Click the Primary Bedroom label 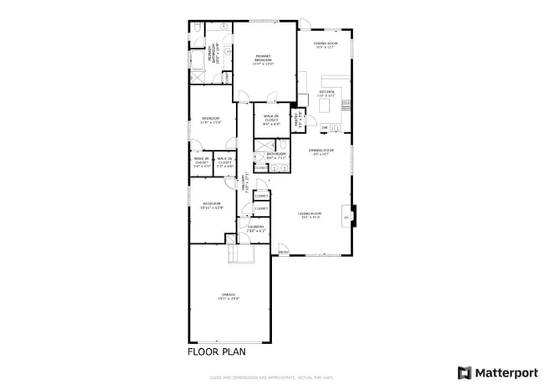264,60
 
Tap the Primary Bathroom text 214,57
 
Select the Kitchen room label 326,94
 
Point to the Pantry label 296,121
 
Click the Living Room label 310,216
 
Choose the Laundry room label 255,228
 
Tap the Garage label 229,296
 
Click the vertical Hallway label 244,182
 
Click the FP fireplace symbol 346,217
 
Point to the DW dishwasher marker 324,127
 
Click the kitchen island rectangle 326,105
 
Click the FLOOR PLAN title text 216,352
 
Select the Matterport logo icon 463,372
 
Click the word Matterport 503,372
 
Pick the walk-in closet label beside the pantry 270,119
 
